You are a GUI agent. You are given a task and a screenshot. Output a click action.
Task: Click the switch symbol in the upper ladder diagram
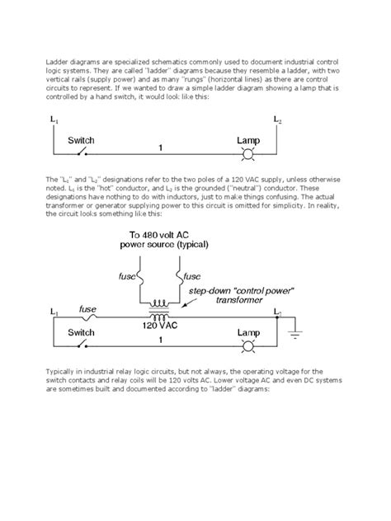pyautogui.click(x=81, y=153)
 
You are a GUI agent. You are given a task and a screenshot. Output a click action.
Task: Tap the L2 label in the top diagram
pyautogui.click(x=278, y=122)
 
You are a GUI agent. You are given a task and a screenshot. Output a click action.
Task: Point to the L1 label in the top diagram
pyautogui.click(x=54, y=121)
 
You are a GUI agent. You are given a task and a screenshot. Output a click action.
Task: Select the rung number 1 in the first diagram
pyautogui.click(x=158, y=148)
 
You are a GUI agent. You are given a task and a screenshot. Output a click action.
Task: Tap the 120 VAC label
pyautogui.click(x=158, y=326)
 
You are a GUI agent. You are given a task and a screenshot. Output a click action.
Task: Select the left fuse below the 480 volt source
pyautogui.click(x=139, y=276)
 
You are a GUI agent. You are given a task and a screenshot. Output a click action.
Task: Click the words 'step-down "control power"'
pyautogui.click(x=241, y=292)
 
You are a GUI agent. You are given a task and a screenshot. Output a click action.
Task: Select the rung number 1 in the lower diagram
pyautogui.click(x=158, y=339)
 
